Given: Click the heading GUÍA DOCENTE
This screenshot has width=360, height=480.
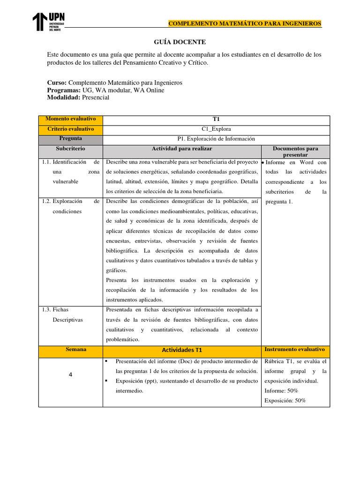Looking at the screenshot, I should click(x=180, y=42).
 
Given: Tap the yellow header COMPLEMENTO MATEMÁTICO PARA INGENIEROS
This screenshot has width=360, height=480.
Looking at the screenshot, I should click(x=245, y=23).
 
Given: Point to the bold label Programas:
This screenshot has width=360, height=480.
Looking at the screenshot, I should click(x=64, y=90).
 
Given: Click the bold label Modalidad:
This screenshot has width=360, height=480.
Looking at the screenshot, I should click(x=64, y=97).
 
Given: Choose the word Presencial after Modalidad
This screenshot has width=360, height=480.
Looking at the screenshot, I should click(x=96, y=97).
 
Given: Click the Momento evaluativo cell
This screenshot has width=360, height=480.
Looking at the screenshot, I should click(x=71, y=120).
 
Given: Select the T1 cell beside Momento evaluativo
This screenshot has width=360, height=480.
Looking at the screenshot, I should click(x=216, y=120).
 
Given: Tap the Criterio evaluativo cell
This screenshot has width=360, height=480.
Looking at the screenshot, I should click(x=71, y=129).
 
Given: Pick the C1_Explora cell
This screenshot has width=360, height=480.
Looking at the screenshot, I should click(x=216, y=129).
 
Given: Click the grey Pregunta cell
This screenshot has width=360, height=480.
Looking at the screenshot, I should click(x=71, y=139).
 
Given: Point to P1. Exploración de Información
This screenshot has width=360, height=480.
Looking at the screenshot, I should click(x=216, y=139).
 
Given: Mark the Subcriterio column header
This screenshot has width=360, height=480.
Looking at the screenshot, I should click(x=71, y=149).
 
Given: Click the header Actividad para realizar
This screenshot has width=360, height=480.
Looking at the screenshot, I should click(x=182, y=149).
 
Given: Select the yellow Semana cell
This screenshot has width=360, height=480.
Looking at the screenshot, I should click(x=71, y=350).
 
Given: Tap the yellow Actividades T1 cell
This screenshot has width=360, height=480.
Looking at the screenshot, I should click(x=182, y=350).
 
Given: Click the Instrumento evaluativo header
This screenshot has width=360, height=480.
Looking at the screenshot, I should click(x=295, y=350).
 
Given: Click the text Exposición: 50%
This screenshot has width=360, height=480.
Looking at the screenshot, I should click(x=285, y=400).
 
